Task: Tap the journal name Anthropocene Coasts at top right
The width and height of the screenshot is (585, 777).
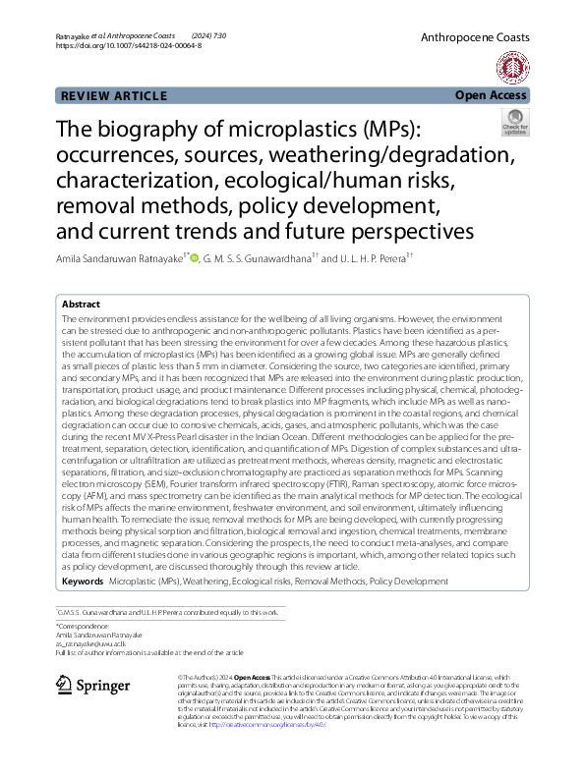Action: click(x=474, y=37)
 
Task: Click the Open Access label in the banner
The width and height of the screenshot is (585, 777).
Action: click(x=491, y=96)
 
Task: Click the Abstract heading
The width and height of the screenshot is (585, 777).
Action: click(x=81, y=305)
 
